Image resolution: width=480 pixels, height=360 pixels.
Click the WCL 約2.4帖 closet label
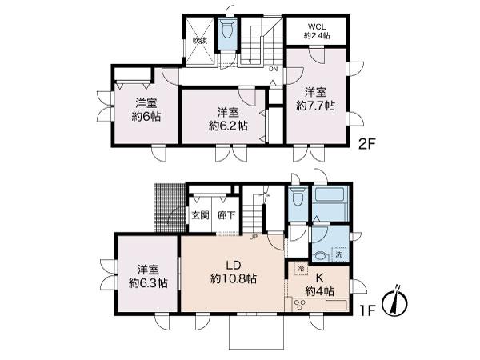pyautogui.click(x=317, y=30)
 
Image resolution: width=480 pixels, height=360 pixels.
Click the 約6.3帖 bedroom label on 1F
pyautogui.click(x=147, y=276)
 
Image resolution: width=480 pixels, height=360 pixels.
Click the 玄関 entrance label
pyautogui.click(x=200, y=215)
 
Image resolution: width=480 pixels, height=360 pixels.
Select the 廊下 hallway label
pyautogui.click(x=226, y=215)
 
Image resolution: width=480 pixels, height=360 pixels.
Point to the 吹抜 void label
pyautogui.click(x=199, y=39)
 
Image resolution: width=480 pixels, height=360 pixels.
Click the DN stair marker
pyautogui.click(x=273, y=69)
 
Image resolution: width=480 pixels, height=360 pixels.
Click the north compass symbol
pyautogui.click(x=394, y=301)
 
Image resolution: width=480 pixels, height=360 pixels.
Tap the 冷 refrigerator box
pyautogui.click(x=301, y=268)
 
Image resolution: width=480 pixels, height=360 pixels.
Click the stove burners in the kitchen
pyautogui.click(x=301, y=305)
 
